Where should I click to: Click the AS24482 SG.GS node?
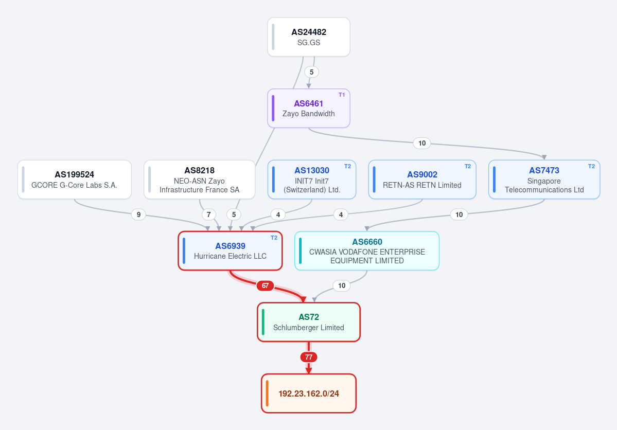[x=309, y=37]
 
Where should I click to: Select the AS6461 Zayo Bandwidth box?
[x=309, y=108]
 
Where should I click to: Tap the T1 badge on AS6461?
[x=342, y=95]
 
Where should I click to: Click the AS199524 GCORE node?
[x=75, y=180]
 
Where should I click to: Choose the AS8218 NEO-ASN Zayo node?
[x=200, y=180]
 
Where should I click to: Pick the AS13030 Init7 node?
[x=312, y=180]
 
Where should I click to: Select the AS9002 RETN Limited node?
[x=422, y=180]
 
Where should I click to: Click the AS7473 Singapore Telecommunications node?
[x=544, y=180]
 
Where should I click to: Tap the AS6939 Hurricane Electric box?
[x=230, y=250]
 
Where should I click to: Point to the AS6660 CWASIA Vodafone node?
[x=367, y=250]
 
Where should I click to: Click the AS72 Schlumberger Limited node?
[x=309, y=322]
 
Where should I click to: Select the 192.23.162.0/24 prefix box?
[x=309, y=393]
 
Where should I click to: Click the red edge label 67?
[x=265, y=285]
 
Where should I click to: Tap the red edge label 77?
[x=309, y=357]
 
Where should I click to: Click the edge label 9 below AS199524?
[x=138, y=214]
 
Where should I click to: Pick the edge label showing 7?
[x=208, y=214]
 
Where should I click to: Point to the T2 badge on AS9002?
[x=467, y=167]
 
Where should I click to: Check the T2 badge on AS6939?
[x=274, y=238]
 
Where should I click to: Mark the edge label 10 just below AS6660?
[x=342, y=285]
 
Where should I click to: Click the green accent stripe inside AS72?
[x=263, y=322]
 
